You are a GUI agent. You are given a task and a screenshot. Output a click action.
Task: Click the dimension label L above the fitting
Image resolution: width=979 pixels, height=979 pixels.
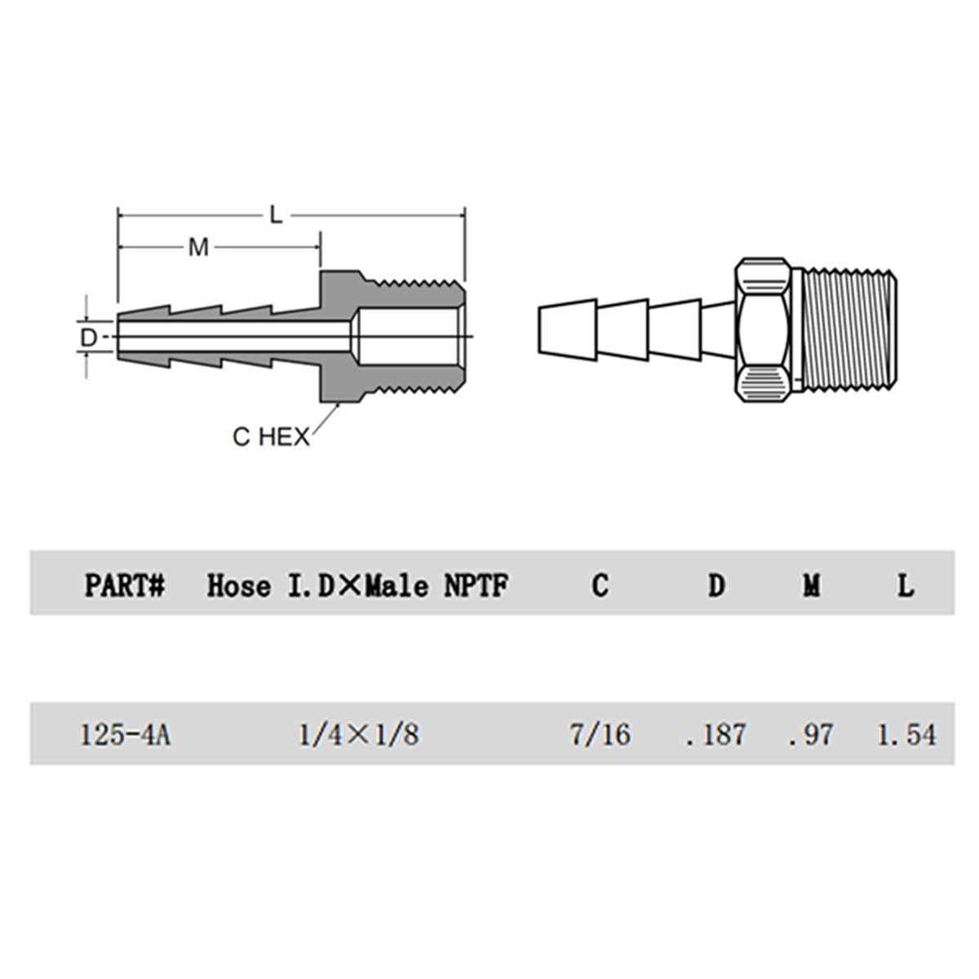(276, 215)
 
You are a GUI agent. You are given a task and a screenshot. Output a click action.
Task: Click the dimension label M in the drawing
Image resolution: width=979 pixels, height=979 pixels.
(198, 247)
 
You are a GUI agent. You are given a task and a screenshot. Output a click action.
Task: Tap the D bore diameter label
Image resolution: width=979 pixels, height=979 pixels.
(88, 337)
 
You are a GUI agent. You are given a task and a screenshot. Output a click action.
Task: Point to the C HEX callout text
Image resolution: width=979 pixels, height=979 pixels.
(271, 437)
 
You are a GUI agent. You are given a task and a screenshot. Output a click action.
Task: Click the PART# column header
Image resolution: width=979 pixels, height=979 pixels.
(125, 586)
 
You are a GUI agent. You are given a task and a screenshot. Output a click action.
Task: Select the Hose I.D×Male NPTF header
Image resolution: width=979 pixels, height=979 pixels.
(357, 586)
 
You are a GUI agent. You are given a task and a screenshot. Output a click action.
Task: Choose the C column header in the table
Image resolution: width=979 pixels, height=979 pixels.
(600, 585)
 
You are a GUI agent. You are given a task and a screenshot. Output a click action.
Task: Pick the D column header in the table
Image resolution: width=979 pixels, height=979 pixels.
(716, 585)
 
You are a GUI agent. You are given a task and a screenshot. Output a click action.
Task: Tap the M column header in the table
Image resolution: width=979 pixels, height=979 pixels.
(811, 585)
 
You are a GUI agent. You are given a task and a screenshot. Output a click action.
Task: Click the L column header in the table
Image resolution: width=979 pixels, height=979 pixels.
(905, 585)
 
